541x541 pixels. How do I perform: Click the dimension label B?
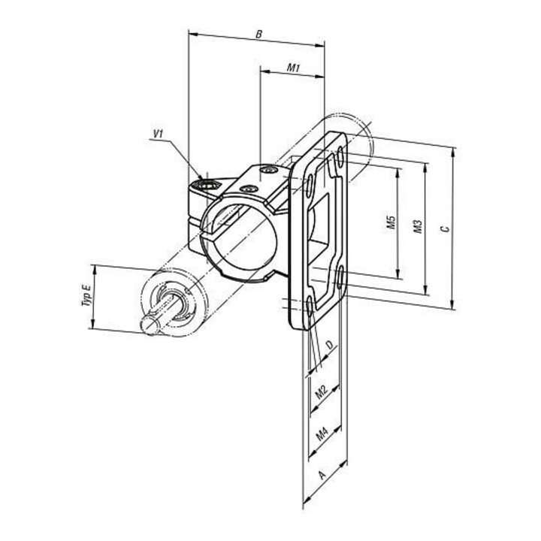258,34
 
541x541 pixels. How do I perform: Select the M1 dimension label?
293,68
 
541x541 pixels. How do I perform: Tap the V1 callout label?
158,134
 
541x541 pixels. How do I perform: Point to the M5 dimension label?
391,222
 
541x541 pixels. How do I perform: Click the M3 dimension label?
418,226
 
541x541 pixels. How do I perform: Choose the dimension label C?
446,228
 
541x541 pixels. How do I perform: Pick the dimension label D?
330,345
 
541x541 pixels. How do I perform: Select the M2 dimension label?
322,391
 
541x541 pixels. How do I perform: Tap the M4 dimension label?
322,434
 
